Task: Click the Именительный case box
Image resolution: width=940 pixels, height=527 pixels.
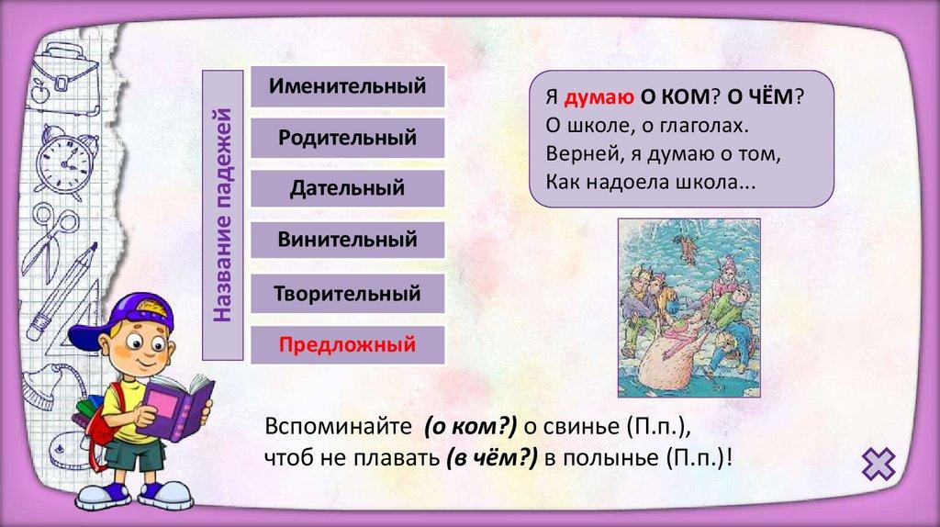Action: (348, 86)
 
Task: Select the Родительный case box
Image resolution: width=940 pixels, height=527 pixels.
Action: (348, 138)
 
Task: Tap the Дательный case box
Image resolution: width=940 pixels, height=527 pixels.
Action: (348, 189)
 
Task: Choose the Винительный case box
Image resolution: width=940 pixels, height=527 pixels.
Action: (348, 241)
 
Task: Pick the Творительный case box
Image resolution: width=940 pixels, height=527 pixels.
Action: (348, 294)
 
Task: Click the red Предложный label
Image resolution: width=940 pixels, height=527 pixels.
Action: (347, 344)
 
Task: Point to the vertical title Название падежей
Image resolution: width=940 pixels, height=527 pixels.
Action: (222, 215)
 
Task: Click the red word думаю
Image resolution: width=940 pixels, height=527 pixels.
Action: (599, 97)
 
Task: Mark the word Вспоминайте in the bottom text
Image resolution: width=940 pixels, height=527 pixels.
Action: (338, 426)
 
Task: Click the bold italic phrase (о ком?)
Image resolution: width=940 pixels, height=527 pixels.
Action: (471, 426)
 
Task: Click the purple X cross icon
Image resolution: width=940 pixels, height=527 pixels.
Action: (878, 464)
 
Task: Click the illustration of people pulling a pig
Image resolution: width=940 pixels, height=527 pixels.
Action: (689, 308)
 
